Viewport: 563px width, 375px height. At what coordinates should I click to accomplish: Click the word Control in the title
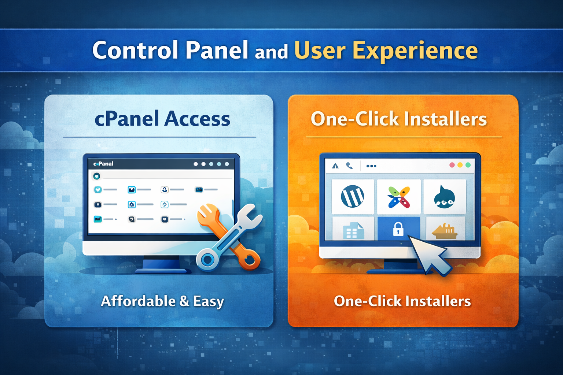point(136,50)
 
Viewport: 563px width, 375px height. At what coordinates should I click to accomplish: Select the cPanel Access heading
point(162,119)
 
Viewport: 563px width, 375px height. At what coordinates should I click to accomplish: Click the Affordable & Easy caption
point(162,301)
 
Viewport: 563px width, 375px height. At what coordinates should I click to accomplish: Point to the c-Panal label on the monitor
point(103,164)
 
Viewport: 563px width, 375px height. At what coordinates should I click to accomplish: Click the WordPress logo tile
point(352,196)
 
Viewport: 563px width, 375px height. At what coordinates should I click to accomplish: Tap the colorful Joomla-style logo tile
point(399,196)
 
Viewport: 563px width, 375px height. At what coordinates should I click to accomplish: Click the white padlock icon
point(398,229)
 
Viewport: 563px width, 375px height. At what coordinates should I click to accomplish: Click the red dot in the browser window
point(452,165)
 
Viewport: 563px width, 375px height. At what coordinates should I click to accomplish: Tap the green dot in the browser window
point(468,165)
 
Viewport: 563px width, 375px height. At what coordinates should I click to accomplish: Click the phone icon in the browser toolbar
point(349,166)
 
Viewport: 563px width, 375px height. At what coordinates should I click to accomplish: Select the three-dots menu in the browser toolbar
point(371,166)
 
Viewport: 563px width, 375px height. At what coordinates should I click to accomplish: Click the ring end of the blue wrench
point(207,260)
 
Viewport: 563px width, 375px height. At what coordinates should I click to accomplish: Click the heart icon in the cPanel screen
point(98,189)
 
